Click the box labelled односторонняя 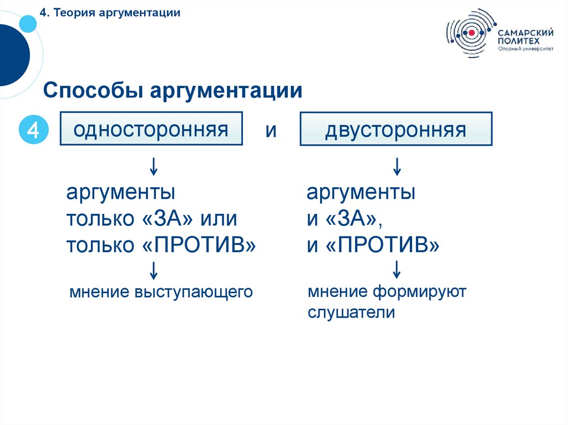tap(151, 129)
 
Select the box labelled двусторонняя tap(395, 129)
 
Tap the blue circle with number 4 tap(33, 131)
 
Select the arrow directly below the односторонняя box tap(154, 165)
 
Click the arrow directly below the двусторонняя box tap(397, 165)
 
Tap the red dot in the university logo tap(471, 33)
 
